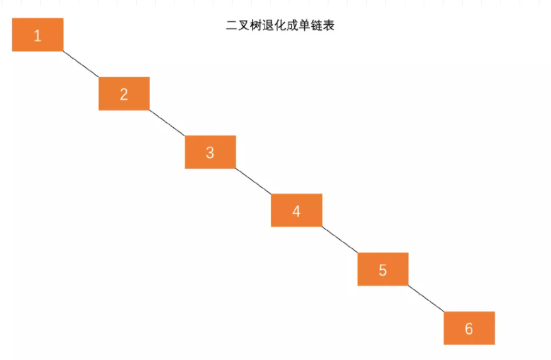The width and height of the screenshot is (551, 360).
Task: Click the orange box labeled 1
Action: [38, 35]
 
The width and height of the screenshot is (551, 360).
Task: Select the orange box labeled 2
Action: [124, 93]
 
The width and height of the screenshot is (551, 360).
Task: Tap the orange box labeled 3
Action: [210, 152]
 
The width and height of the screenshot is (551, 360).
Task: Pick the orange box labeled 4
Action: [297, 210]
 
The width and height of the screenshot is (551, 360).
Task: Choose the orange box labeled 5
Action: [383, 269]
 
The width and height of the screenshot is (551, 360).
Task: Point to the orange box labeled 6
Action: [469, 328]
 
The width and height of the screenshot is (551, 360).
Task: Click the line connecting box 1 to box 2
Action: [81, 64]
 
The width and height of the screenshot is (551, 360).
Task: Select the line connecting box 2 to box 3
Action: [167, 123]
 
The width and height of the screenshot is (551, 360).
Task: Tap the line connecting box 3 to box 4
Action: [254, 181]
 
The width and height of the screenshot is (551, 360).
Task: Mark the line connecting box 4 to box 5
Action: [340, 240]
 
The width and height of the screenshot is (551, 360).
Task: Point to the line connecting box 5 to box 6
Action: [426, 299]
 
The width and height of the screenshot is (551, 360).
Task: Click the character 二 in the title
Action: [232, 26]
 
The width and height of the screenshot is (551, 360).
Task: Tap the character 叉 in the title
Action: [244, 26]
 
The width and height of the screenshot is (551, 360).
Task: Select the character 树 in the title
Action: [256, 26]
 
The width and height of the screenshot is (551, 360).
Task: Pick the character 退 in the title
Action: [268, 26]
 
